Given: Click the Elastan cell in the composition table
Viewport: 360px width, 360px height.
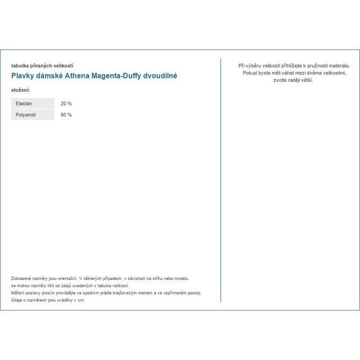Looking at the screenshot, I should (32, 103).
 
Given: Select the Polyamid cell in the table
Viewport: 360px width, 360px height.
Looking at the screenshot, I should (32, 115).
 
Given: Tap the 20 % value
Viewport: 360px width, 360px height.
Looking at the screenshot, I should (66, 103).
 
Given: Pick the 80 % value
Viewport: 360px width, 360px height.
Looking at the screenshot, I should (66, 115).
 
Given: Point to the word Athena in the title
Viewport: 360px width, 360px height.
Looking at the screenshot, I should (77, 76).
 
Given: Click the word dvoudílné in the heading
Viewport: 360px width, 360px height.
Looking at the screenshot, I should (158, 76).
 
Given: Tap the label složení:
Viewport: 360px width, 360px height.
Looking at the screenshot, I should (20, 89).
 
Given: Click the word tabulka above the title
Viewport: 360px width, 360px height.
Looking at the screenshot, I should (20, 66).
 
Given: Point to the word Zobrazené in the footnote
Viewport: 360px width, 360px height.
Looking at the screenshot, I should (22, 279).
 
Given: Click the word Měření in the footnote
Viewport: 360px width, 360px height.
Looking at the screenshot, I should (19, 293).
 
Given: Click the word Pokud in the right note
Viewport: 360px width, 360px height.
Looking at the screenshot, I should (249, 73).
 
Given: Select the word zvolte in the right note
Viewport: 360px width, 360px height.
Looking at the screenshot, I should (282, 80).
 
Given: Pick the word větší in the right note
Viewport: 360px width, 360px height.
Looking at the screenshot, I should (307, 80).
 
